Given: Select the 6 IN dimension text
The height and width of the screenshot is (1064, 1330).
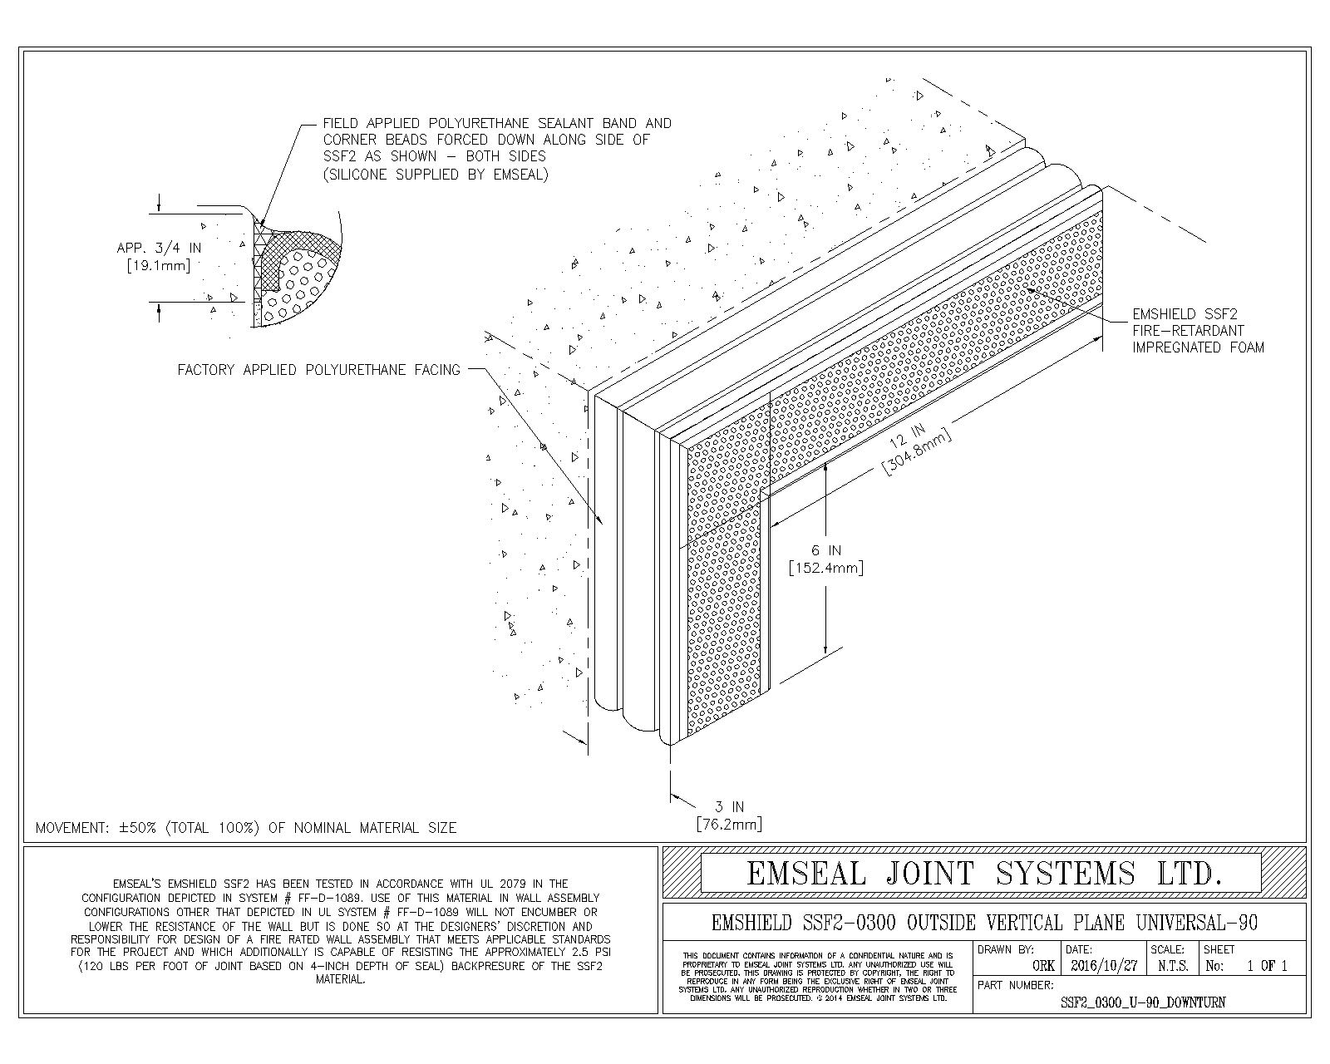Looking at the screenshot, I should [826, 550].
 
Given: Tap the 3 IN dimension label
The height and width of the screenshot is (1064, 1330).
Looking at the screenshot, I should [729, 806].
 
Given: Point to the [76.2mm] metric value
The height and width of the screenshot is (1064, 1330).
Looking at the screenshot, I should [729, 824].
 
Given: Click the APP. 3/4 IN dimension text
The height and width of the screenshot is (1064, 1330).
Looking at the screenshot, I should [160, 248].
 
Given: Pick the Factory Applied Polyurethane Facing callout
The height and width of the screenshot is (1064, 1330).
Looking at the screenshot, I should [318, 370].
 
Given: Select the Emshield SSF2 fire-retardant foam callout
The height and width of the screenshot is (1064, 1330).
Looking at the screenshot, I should [1198, 331].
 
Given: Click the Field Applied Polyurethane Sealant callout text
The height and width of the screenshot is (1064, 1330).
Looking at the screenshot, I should [497, 148].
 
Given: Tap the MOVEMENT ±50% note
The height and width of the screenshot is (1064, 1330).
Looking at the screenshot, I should [246, 828].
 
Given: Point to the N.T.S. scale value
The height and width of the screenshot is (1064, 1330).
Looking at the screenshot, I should [1172, 967].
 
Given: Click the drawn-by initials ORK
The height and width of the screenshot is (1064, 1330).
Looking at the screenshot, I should [1042, 967].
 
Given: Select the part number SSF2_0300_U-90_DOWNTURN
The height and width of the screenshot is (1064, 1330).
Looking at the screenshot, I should [1142, 1002].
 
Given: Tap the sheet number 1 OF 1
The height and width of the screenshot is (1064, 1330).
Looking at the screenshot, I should [1267, 967].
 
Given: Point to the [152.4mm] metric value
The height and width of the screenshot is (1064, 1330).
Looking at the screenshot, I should [826, 569].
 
